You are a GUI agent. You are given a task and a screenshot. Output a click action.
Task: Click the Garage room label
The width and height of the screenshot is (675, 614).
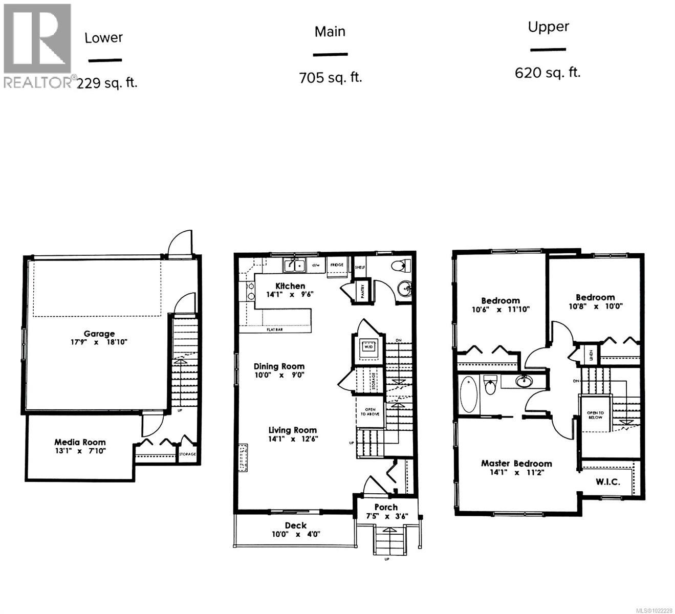[x=99, y=334]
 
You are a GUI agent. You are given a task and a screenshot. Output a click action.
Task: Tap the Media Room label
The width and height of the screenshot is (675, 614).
[x=80, y=442]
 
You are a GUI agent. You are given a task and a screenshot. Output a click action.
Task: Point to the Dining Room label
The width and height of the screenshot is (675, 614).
[x=279, y=366]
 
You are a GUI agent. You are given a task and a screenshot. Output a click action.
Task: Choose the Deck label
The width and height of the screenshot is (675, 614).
[x=296, y=525]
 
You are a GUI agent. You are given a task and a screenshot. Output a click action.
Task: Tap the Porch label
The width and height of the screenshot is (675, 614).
[x=386, y=507]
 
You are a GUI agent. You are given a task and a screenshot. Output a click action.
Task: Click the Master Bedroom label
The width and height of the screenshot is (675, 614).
[x=516, y=464]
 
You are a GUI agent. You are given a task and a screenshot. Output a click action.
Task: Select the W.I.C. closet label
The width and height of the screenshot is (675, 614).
[x=608, y=481]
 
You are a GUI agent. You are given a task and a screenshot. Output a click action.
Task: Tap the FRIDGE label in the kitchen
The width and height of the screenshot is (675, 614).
[x=337, y=265]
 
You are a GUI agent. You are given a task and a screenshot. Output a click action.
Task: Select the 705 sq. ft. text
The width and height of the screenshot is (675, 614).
[x=331, y=78]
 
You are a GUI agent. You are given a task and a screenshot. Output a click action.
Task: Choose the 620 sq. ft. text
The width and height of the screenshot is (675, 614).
[x=548, y=73]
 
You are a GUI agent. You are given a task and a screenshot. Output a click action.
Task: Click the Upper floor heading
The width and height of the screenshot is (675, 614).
[x=549, y=27]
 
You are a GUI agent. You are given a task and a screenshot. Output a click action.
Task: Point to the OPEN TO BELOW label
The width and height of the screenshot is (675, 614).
[x=595, y=415]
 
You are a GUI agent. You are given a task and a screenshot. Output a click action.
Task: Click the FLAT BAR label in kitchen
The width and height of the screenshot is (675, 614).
[x=275, y=330]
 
